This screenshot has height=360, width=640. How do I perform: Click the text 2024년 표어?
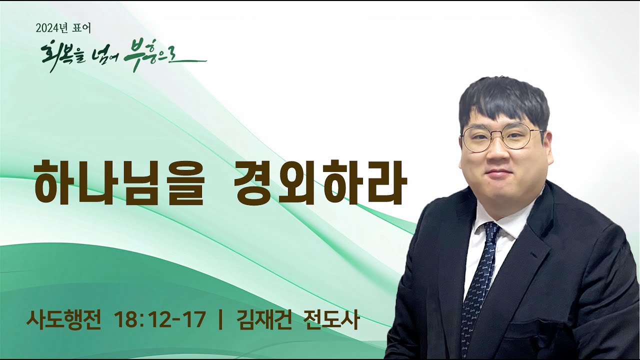[x=63, y=28]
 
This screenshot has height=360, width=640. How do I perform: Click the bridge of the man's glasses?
[x=499, y=134]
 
